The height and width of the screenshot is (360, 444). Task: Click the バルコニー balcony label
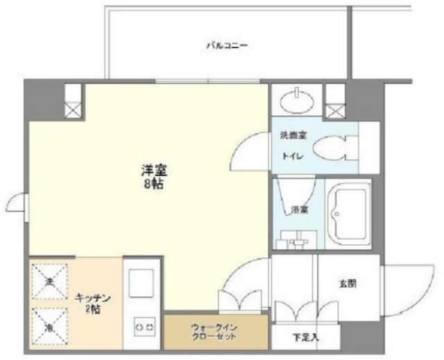pos(226,46)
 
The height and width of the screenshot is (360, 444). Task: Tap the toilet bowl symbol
pos(333,148)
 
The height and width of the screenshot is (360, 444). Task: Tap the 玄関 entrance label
pos(348,283)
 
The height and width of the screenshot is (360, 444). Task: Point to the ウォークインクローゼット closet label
pos(214,331)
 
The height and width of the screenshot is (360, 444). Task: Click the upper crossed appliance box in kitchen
pos(50,281)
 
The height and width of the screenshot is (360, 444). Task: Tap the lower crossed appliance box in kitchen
pos(50,325)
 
